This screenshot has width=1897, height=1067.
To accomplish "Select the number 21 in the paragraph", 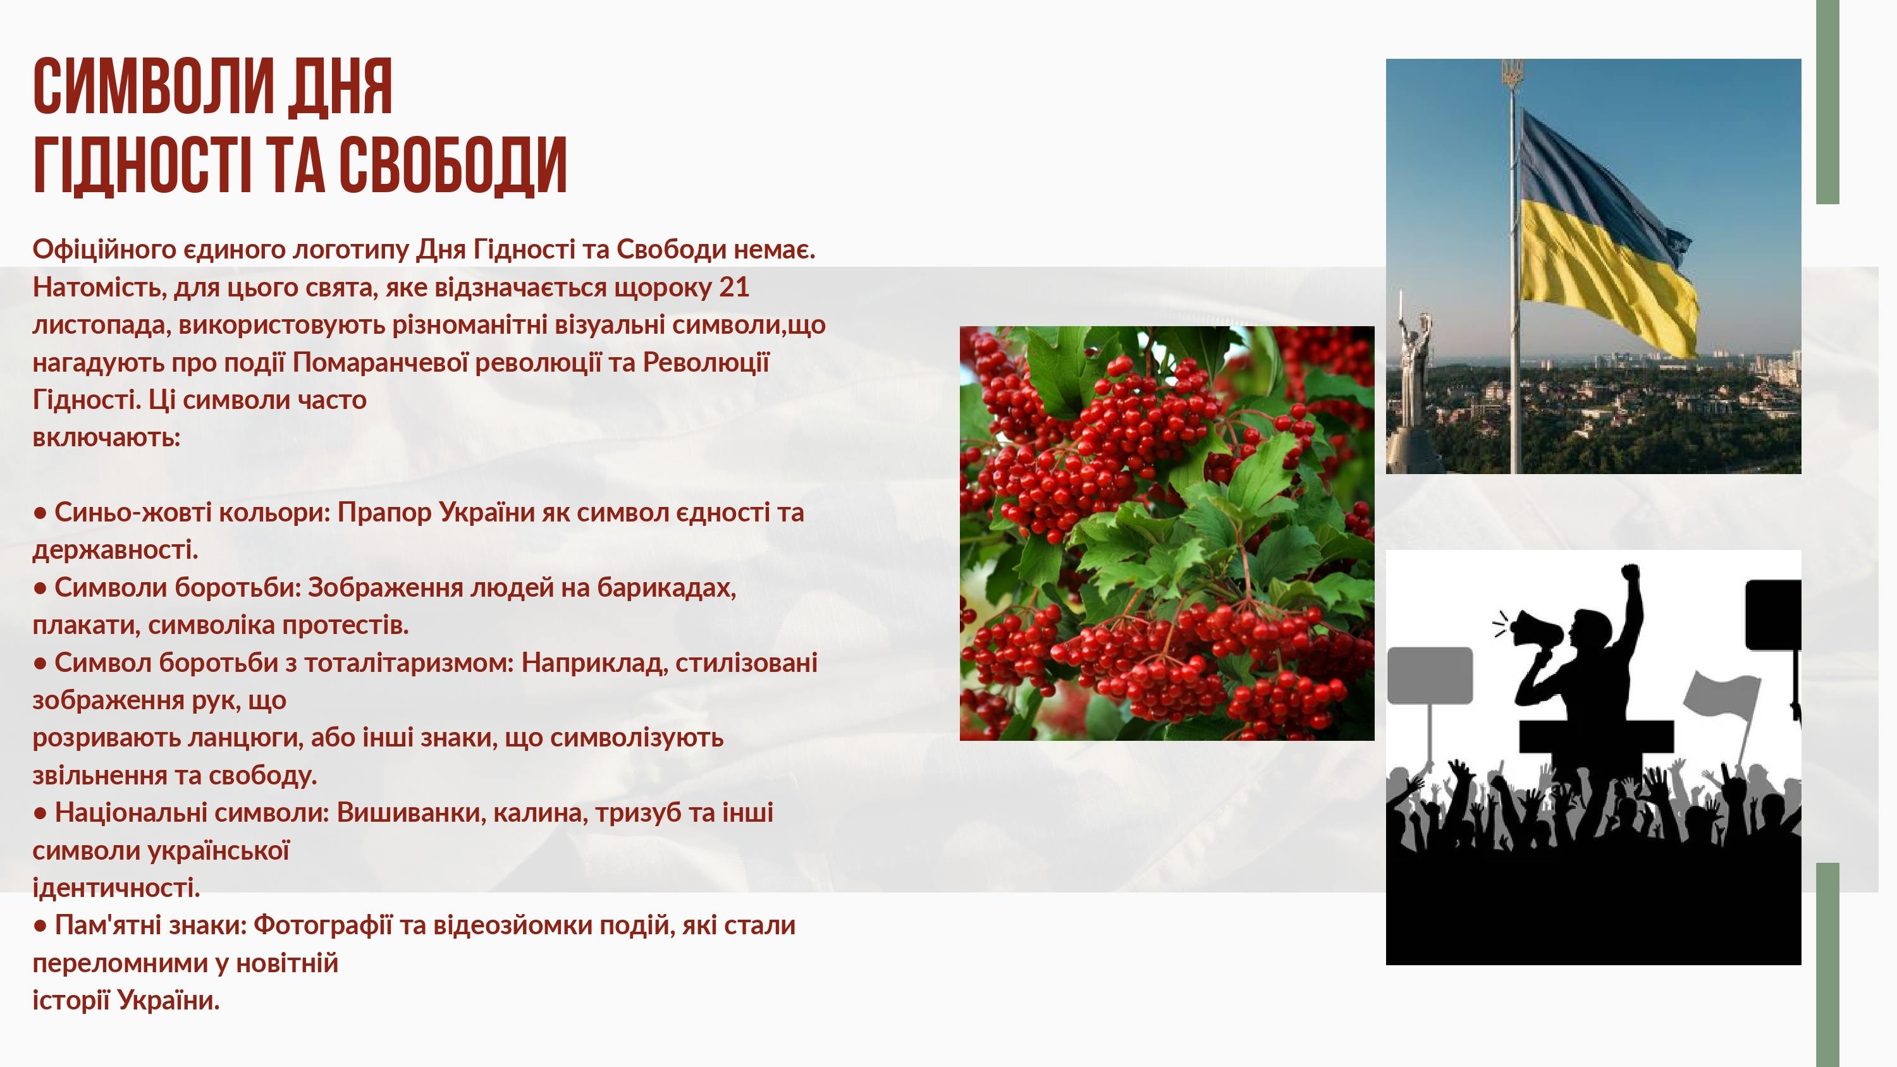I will click(734, 286).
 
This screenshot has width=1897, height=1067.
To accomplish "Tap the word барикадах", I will click(666, 588).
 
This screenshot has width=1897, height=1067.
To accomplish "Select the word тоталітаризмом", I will click(408, 662).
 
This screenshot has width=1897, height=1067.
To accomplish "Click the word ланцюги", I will click(245, 737).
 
